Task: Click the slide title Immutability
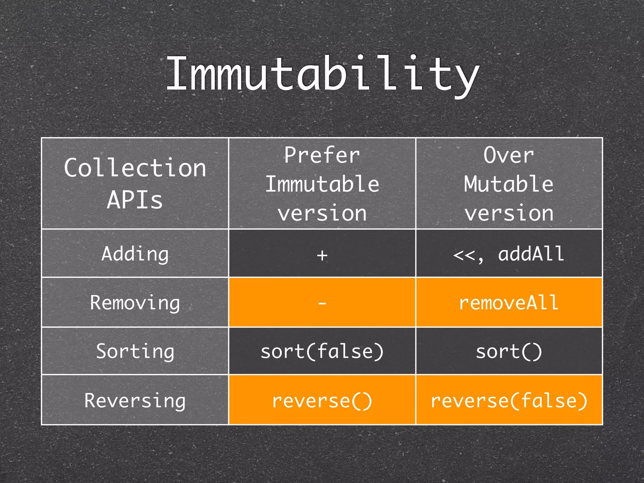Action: (323, 75)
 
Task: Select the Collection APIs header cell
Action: (135, 183)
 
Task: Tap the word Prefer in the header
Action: (322, 155)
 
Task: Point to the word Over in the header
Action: (508, 155)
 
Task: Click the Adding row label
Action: (135, 254)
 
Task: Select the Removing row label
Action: (135, 303)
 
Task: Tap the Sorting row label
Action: (135, 351)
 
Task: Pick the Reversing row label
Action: (135, 400)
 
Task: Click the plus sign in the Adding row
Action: (322, 255)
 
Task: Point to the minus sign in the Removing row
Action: (322, 303)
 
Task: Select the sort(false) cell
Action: (322, 351)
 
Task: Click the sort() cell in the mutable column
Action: (509, 351)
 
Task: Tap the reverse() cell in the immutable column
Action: (322, 401)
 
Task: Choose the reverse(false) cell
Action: (509, 401)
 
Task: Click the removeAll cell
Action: (509, 303)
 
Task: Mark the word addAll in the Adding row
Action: (531, 254)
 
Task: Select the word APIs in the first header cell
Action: (135, 200)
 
